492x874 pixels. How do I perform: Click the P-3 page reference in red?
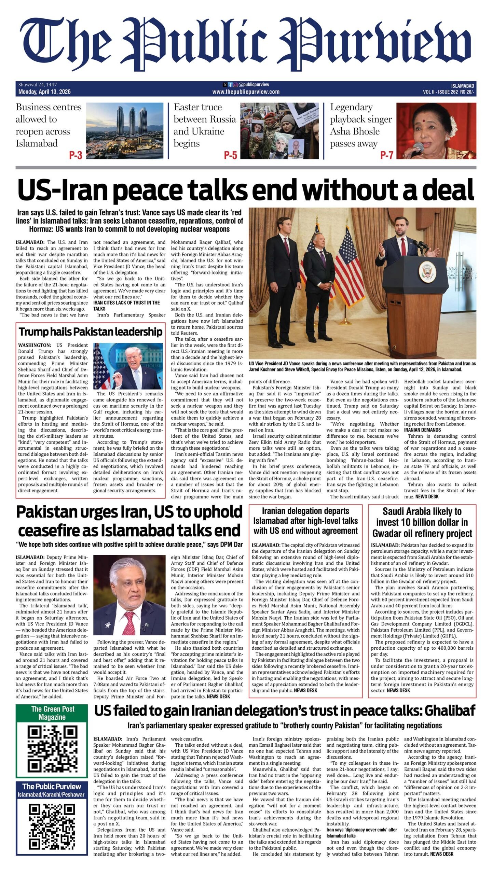pyautogui.click(x=76, y=155)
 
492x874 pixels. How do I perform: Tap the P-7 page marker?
pyautogui.click(x=387, y=155)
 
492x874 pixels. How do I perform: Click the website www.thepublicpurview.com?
pyautogui.click(x=246, y=92)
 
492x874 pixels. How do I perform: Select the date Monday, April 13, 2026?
pyautogui.click(x=44, y=92)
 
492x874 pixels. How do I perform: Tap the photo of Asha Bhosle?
pyautogui.click(x=436, y=131)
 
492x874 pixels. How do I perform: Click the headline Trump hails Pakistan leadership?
pyautogui.click(x=91, y=332)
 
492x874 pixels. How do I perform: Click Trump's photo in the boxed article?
pyautogui.click(x=128, y=366)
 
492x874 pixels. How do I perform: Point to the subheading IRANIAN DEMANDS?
pyautogui.click(x=422, y=430)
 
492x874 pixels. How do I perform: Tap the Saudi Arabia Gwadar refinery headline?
pyautogui.click(x=422, y=523)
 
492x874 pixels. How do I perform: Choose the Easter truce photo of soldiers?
pyautogui.click(x=279, y=131)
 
